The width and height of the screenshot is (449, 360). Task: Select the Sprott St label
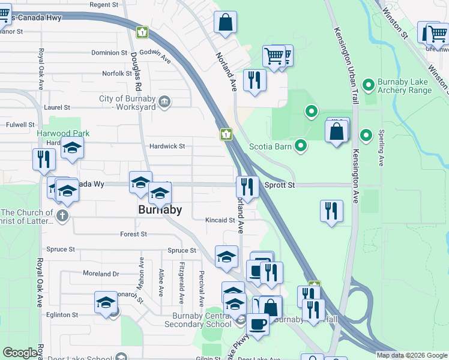click(280, 185)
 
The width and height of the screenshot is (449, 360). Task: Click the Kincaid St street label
click(219, 220)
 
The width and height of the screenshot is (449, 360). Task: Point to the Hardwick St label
click(167, 146)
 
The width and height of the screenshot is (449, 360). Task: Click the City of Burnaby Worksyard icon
click(165, 103)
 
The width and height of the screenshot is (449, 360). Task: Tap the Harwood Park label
click(63, 133)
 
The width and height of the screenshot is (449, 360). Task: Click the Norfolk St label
click(113, 74)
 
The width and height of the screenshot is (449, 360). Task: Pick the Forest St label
click(133, 235)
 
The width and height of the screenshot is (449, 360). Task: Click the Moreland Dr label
click(101, 274)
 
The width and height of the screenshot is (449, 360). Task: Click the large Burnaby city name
click(160, 210)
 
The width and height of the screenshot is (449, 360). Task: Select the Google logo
click(21, 353)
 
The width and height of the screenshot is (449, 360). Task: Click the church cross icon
click(62, 214)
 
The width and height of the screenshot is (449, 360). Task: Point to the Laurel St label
click(58, 107)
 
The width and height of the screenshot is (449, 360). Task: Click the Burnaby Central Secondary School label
click(202, 320)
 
